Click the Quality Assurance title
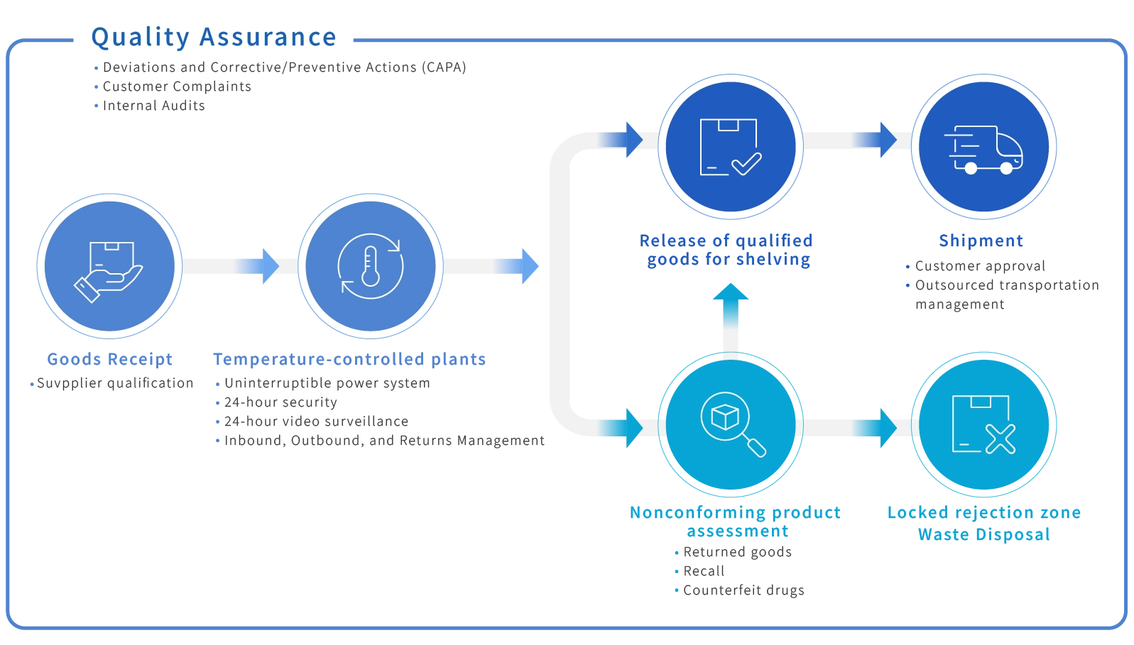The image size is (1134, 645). (x=214, y=37)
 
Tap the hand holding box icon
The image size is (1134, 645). (x=109, y=266)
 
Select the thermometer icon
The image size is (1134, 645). (x=370, y=266)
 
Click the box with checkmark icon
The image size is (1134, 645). (x=730, y=147)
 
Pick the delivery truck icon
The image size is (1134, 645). (x=983, y=148)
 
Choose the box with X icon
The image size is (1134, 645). (x=983, y=424)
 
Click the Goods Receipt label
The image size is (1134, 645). (x=110, y=360)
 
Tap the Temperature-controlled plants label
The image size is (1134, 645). (x=350, y=360)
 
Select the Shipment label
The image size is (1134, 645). (x=982, y=241)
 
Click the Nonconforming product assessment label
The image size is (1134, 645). (x=736, y=522)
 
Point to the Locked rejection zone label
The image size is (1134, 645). (x=984, y=513)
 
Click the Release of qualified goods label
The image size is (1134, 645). (x=725, y=250)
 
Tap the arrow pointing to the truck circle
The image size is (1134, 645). (x=884, y=138)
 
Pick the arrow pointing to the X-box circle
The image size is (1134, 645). (x=884, y=426)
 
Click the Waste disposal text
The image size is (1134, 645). (x=984, y=534)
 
